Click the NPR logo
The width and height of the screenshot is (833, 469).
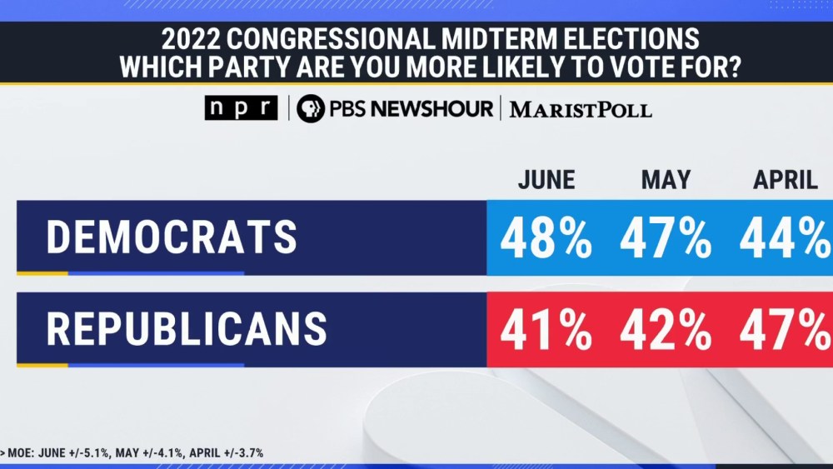tap(241, 108)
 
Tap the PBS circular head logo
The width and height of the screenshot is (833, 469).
tap(311, 108)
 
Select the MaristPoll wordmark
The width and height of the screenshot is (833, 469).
tap(581, 109)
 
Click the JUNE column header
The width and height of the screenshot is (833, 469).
tap(546, 180)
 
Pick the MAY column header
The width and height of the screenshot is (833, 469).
tap(666, 180)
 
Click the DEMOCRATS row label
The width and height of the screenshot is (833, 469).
tap(171, 237)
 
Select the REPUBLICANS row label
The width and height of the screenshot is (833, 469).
tap(187, 329)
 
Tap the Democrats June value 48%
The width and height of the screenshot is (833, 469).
tap(546, 238)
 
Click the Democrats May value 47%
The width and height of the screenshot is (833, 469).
tap(666, 238)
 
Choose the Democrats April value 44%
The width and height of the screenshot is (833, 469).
tap(783, 238)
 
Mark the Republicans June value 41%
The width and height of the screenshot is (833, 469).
tap(546, 330)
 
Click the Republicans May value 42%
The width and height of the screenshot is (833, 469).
tap(666, 330)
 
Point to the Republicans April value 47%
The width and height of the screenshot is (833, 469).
tap(783, 330)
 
